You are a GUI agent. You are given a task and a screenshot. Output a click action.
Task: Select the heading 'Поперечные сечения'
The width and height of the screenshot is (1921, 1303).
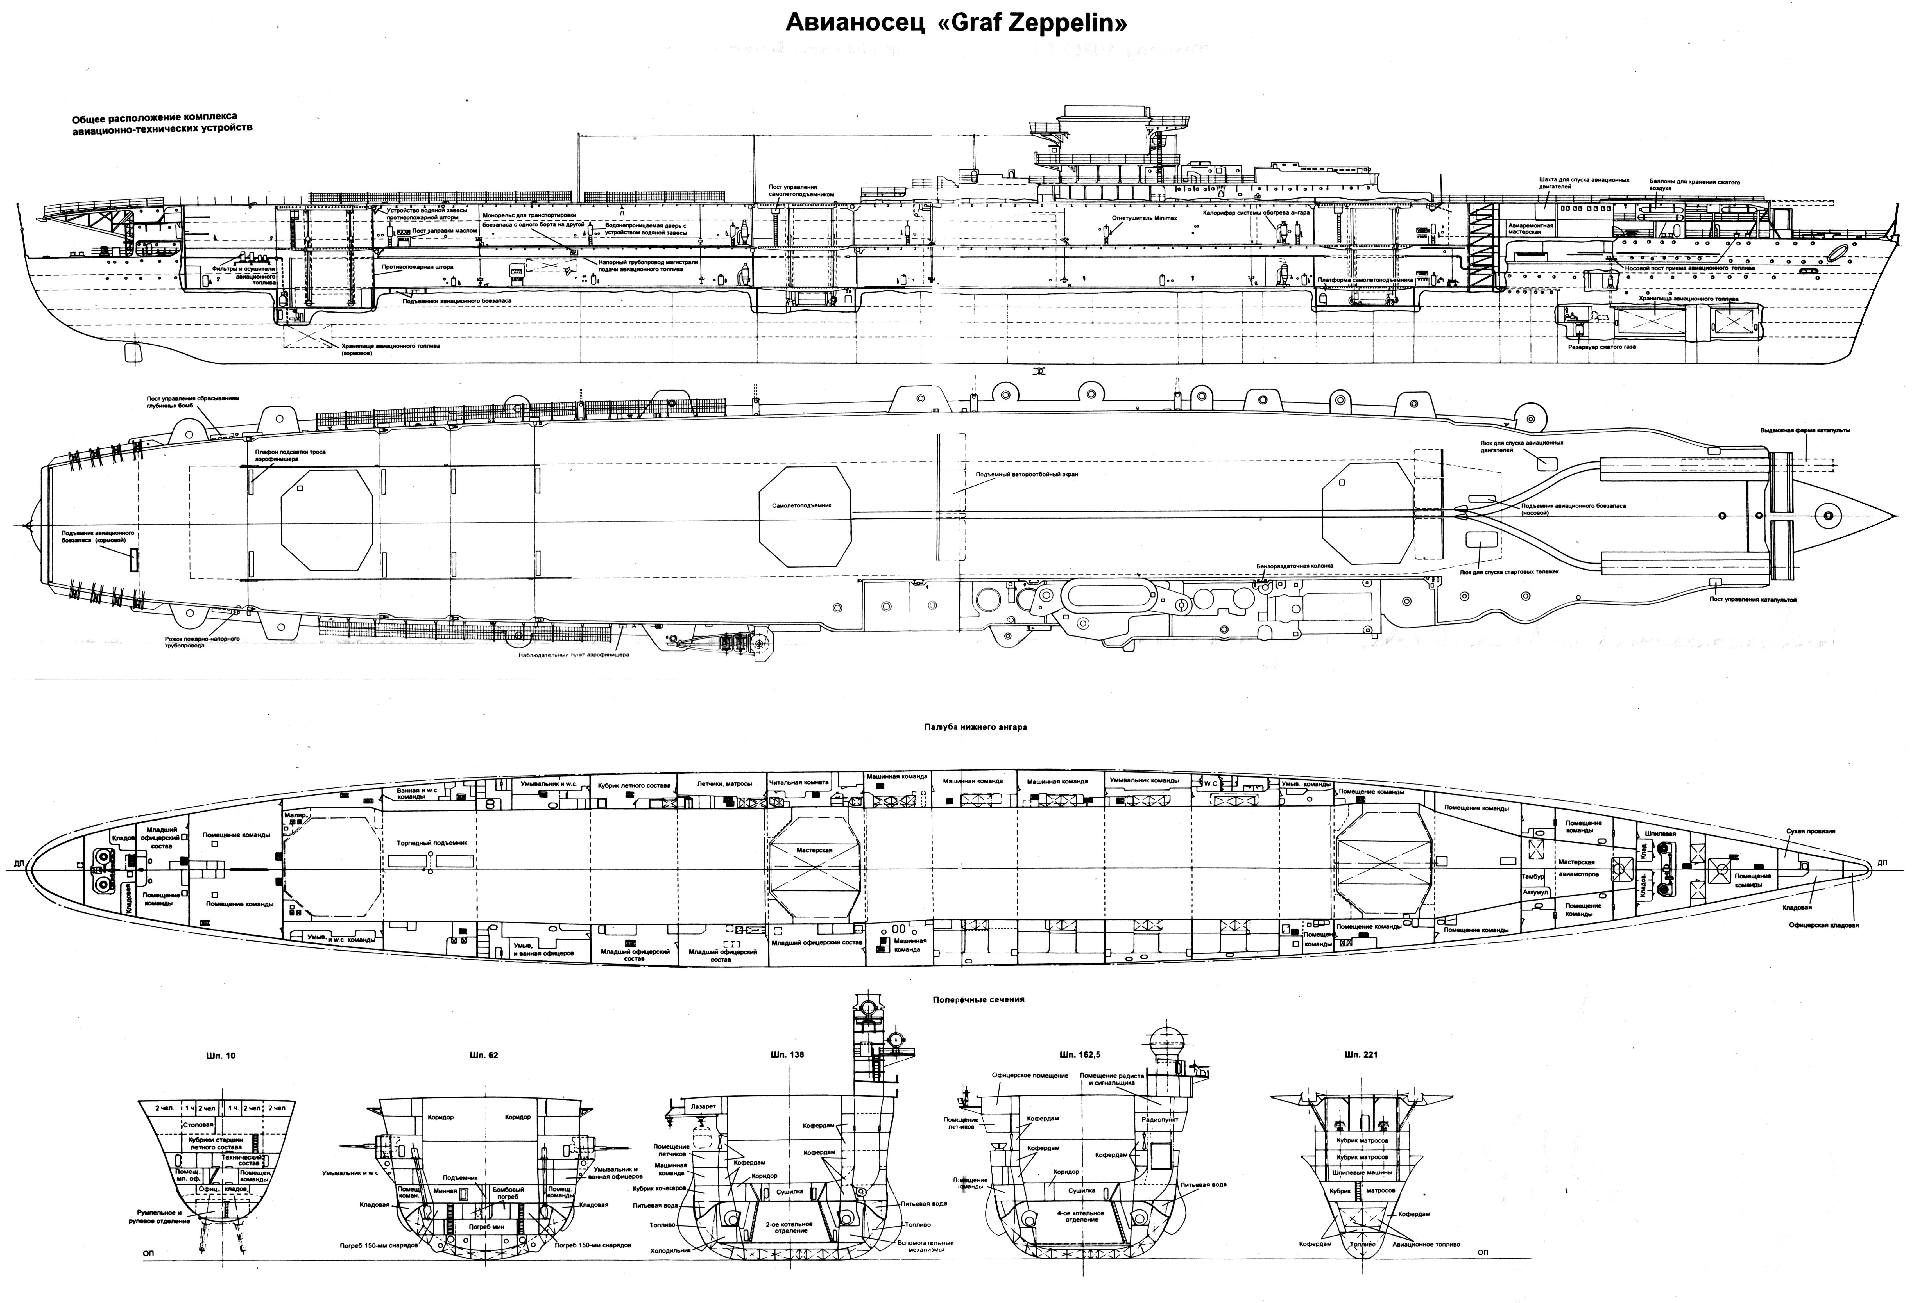coord(978,999)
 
